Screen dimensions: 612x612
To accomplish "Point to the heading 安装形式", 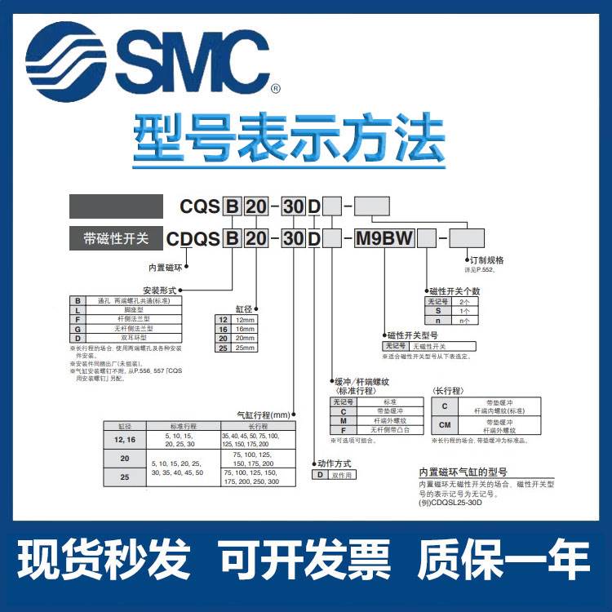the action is click(x=158, y=290).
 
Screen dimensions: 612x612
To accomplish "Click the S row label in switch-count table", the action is click(x=437, y=311).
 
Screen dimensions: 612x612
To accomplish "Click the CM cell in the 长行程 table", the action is click(x=444, y=425).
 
